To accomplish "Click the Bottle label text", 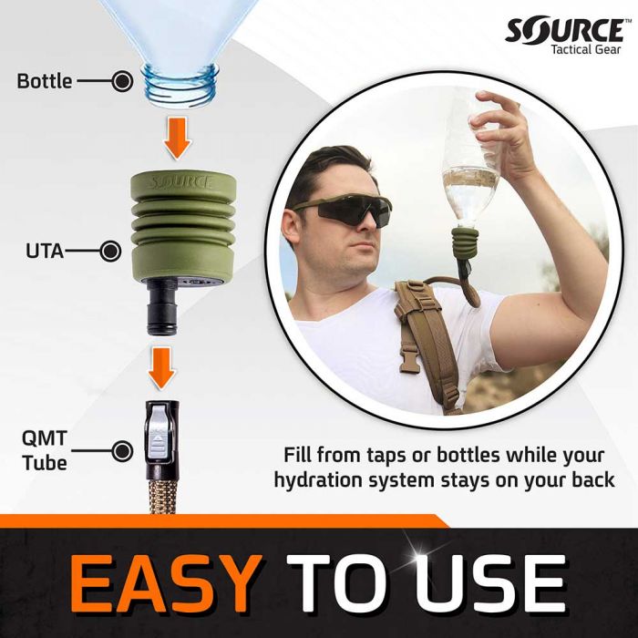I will click(x=44, y=81).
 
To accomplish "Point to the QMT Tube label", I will click(x=44, y=449).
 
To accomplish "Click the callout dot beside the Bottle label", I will click(x=120, y=81).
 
